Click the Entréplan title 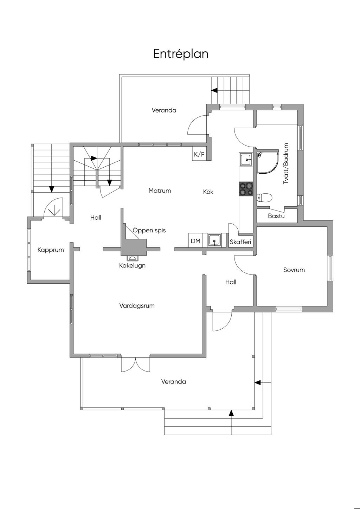tap(181, 54)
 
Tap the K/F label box tap(199, 155)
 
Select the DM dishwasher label tap(195, 241)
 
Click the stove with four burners tap(246, 189)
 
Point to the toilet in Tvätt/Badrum tap(264, 198)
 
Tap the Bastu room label tap(276, 216)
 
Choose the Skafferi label tap(240, 242)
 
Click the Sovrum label tap(294, 270)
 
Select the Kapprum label tap(51, 250)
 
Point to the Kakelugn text tap(132, 265)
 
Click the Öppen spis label tap(149, 230)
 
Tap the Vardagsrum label tap(137, 305)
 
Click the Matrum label tap(160, 191)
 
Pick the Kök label tap(208, 192)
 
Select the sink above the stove tap(246, 160)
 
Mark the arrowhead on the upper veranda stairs tap(214, 90)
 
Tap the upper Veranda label tap(164, 110)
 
